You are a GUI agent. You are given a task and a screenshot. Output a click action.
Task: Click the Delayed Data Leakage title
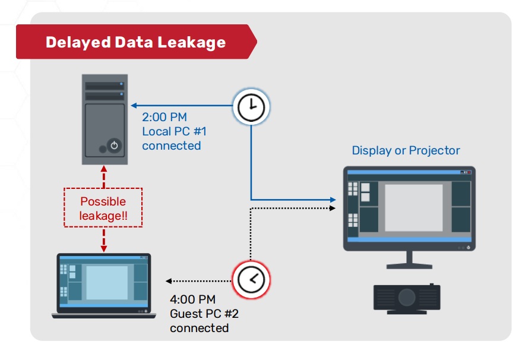[136, 42]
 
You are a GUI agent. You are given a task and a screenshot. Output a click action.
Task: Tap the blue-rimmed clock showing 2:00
[251, 107]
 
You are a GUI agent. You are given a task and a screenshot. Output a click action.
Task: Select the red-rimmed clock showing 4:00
[251, 280]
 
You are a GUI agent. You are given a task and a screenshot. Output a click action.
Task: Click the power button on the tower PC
[114, 146]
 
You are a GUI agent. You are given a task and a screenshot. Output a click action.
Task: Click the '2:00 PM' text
[164, 117]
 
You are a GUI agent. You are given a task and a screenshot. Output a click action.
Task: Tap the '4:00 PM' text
[192, 299]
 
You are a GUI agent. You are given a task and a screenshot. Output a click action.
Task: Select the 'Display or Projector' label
[406, 150]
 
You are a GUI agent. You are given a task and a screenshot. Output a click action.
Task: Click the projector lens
[407, 297]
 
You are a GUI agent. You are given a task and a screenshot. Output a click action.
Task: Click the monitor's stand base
[409, 266]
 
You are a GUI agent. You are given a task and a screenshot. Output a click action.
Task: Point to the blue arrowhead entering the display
[333, 200]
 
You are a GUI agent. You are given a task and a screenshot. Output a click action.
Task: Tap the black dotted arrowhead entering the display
[332, 208]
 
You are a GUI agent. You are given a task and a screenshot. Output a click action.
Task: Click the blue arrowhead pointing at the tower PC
[134, 106]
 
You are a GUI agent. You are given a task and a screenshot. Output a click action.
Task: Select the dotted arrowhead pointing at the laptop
[169, 281]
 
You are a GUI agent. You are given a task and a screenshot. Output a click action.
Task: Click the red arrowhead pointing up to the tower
[104, 169]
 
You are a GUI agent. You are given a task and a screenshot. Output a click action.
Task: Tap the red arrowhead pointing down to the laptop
[104, 249]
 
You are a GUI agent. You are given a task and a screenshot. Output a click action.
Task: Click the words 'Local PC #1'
[174, 131]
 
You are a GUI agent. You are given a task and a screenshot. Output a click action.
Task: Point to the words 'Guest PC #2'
[204, 314]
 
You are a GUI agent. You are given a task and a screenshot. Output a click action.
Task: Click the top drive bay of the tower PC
[104, 86]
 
